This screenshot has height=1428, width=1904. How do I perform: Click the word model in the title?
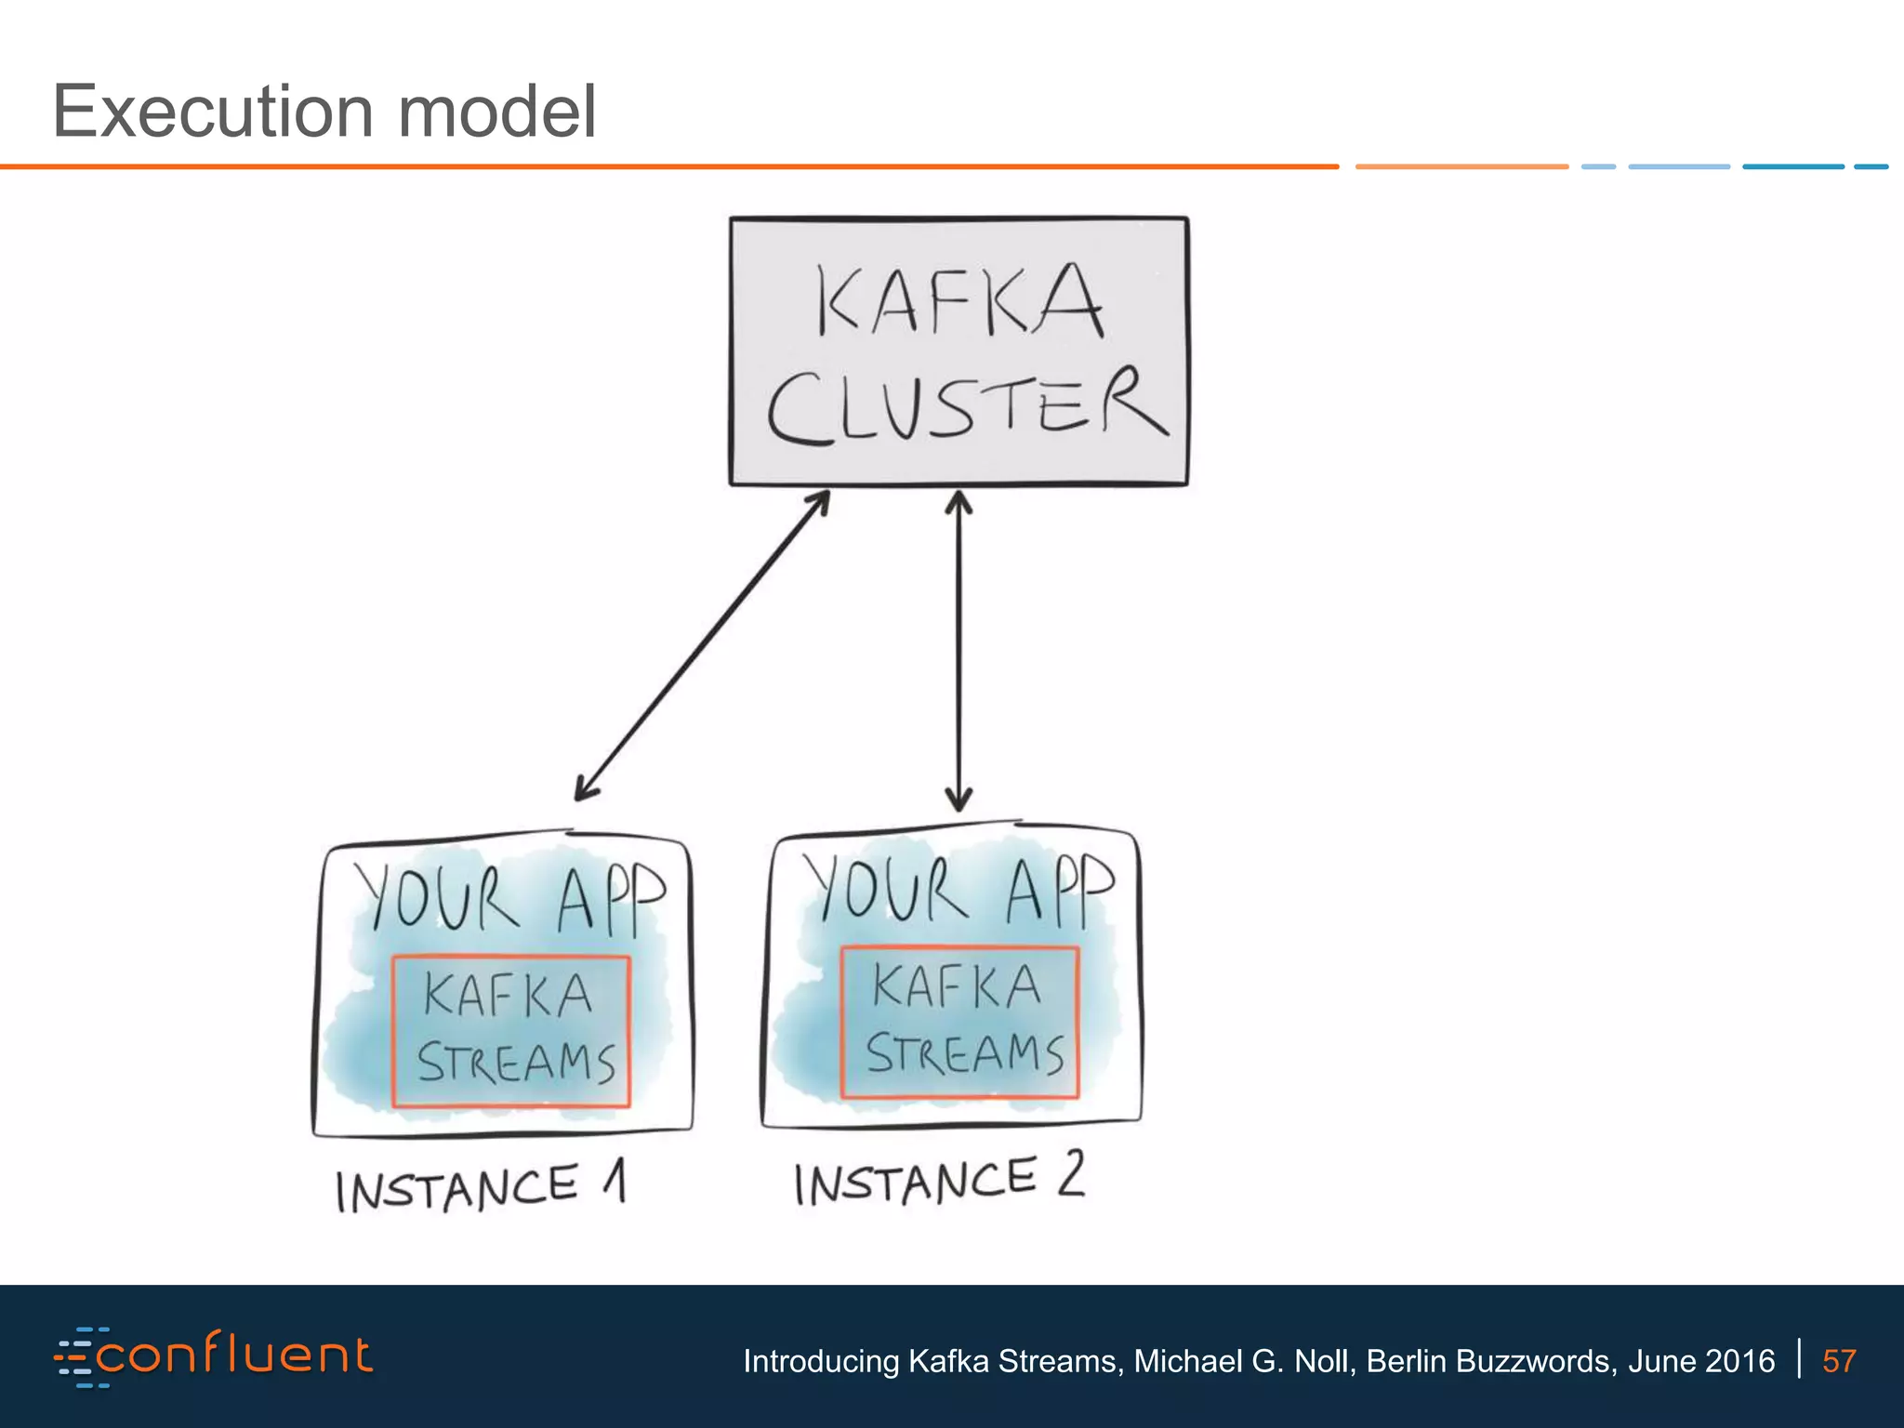[x=497, y=112]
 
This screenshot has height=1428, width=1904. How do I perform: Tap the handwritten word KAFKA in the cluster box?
[x=959, y=299]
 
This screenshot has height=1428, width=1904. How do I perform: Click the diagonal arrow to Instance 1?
[x=703, y=645]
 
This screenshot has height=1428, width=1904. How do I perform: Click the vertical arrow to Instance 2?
[x=959, y=651]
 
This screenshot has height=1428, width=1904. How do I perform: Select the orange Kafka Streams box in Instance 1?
[x=511, y=1031]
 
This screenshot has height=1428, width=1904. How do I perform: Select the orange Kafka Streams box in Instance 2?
[x=959, y=1022]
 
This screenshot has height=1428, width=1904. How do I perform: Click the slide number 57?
[x=1839, y=1361]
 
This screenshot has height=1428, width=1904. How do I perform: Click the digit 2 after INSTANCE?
[x=1071, y=1173]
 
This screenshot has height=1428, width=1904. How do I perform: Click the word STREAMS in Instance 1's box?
[x=516, y=1063]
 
